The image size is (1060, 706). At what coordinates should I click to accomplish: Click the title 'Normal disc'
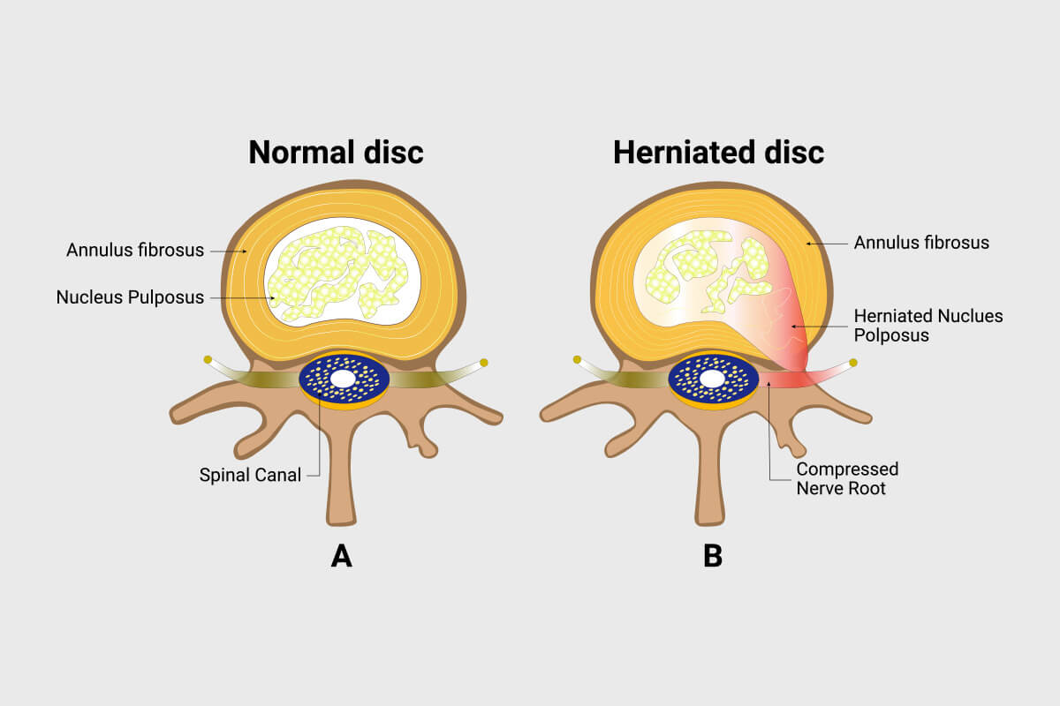point(336,152)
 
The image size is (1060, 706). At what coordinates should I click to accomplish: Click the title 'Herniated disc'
point(718,152)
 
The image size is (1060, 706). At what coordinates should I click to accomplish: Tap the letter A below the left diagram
point(341,556)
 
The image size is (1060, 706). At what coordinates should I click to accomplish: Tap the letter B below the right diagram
point(712,556)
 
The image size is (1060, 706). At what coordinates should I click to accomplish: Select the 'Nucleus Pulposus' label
point(130,297)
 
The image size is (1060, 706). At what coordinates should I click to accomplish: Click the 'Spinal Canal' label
point(250,475)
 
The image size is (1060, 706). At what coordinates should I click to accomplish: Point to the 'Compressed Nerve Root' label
point(847,477)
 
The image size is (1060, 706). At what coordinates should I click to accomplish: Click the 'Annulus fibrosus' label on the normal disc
point(135,250)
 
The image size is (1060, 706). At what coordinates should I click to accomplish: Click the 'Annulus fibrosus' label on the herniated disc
point(921,241)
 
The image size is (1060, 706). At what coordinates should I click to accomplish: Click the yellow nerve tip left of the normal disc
point(207,359)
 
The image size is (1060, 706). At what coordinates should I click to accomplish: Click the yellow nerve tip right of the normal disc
point(483,362)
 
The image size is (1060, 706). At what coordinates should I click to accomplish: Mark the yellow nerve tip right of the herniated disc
point(853,362)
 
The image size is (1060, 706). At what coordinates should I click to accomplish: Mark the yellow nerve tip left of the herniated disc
point(577,359)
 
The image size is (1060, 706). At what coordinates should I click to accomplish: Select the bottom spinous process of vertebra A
point(341,494)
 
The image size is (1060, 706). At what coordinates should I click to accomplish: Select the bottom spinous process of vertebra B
point(712,494)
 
